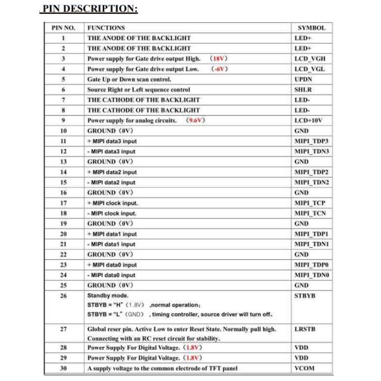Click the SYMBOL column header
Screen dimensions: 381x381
click(311, 28)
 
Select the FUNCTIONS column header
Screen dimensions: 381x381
click(106, 28)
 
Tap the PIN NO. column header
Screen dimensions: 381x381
click(63, 28)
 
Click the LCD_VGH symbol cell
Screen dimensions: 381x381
click(311, 58)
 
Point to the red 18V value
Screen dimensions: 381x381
click(218, 58)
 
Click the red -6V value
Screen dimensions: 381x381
click(219, 69)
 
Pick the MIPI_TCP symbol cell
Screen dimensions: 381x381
click(310, 203)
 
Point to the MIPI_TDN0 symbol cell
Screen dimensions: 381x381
click(312, 275)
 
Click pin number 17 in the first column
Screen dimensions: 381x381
click(63, 203)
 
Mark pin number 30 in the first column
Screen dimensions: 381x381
click(63, 368)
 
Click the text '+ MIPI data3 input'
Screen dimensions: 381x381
click(112, 141)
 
